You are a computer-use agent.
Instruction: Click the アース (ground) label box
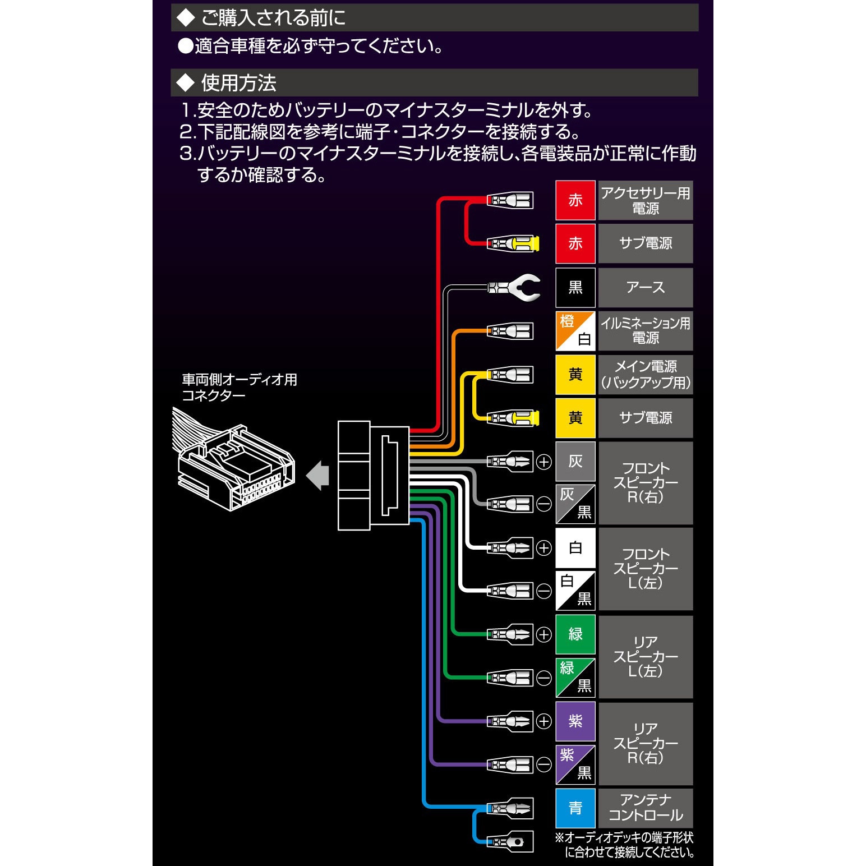[x=646, y=288]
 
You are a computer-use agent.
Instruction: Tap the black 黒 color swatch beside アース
[x=575, y=288]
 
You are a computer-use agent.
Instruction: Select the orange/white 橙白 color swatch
[x=575, y=331]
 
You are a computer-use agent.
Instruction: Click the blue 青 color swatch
[x=575, y=808]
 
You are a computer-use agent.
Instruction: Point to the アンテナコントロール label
[x=646, y=808]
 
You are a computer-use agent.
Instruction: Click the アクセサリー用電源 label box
[x=646, y=200]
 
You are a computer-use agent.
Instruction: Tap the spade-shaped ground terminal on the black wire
[x=514, y=288]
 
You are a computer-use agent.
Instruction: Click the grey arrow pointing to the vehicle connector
[x=317, y=476]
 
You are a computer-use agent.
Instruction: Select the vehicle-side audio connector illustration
[x=233, y=459]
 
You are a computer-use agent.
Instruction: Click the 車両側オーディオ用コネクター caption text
[x=239, y=388]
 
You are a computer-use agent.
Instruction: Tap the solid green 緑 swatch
[x=575, y=634]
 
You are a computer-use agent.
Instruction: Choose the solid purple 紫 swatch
[x=575, y=721]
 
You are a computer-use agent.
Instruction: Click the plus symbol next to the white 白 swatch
[x=544, y=548]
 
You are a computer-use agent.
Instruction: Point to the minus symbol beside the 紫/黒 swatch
[x=544, y=764]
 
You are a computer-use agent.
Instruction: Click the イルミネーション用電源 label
[x=646, y=331]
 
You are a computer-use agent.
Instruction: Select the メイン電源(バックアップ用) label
[x=646, y=375]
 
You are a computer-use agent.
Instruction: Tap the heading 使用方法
[x=239, y=83]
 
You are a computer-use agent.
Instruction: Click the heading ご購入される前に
[x=273, y=18]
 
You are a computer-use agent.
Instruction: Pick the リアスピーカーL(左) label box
[x=646, y=657]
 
